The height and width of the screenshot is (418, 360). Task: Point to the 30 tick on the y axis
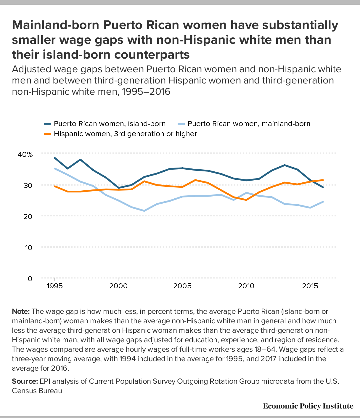click(x=28, y=186)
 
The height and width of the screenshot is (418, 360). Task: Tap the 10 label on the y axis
click(x=28, y=247)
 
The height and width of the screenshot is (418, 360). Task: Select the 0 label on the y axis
click(x=30, y=279)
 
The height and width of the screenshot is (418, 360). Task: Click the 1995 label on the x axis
click(x=55, y=286)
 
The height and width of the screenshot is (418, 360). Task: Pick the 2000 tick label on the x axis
click(x=118, y=286)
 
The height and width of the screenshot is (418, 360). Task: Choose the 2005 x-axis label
click(x=182, y=286)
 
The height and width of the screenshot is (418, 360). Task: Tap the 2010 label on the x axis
click(x=246, y=286)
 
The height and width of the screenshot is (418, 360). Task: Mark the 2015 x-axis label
click(x=310, y=286)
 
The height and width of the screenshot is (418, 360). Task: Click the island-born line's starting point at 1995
click(x=55, y=158)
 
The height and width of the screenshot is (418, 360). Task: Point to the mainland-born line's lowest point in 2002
click(x=144, y=211)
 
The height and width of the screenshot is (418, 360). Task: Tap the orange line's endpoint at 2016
click(x=323, y=180)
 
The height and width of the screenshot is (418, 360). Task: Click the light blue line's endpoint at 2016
click(x=323, y=202)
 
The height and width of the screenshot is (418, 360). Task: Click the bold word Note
click(x=21, y=311)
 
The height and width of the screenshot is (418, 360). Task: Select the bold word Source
click(x=25, y=381)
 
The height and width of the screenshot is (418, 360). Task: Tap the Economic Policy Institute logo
click(x=308, y=406)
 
